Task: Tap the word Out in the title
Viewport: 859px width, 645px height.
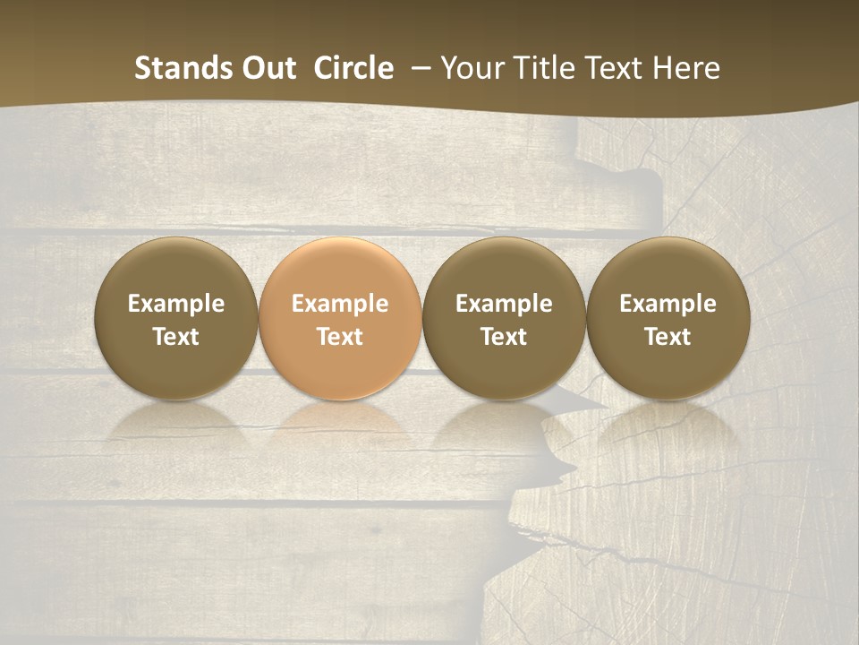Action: coord(267,68)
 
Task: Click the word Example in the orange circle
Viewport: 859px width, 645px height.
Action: coord(340,304)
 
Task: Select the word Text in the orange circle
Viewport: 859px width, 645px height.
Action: coord(340,337)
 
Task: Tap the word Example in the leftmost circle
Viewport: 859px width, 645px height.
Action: coord(176,304)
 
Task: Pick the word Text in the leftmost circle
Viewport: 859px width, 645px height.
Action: coord(176,337)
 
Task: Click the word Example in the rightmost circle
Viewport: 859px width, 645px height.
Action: coord(668,304)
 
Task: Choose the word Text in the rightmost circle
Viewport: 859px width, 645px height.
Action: coord(668,337)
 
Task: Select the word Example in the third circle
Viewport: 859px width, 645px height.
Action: coord(504,304)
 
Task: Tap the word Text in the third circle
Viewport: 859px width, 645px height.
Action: coord(504,337)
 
